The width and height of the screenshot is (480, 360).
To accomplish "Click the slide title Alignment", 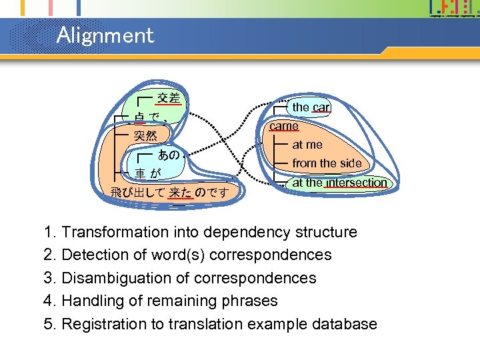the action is click(x=105, y=35).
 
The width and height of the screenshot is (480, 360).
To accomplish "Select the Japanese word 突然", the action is click(x=145, y=136).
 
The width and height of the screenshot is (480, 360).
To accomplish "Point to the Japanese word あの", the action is click(x=168, y=155).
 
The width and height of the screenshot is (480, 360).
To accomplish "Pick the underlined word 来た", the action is click(x=180, y=193).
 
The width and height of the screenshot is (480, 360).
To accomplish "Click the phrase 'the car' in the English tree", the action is click(x=311, y=107).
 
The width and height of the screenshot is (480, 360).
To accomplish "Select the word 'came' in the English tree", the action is click(x=284, y=125).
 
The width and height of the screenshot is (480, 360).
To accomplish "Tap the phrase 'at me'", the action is click(x=307, y=145).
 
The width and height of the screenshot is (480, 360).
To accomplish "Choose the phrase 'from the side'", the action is click(x=327, y=163).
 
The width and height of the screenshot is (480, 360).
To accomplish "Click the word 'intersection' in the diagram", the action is click(x=356, y=183).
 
